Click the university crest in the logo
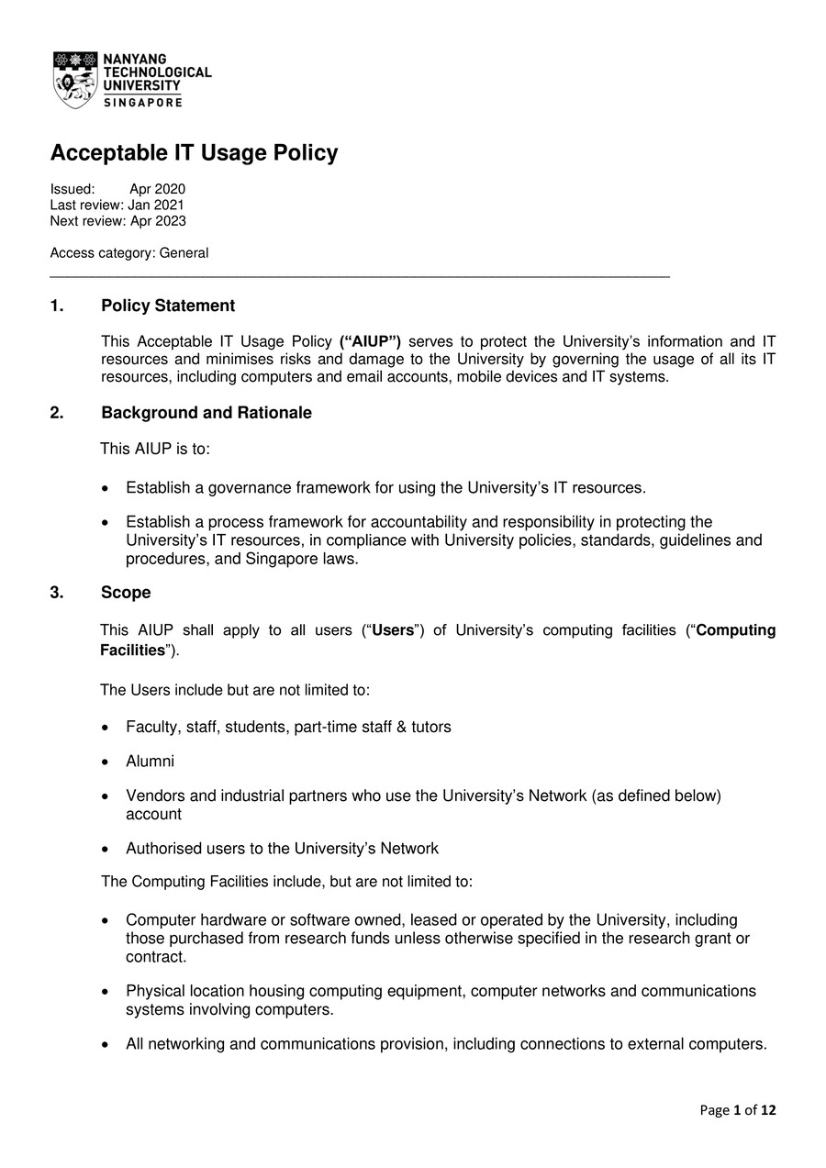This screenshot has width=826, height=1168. click(x=75, y=80)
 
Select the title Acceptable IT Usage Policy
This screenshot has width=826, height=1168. click(x=194, y=153)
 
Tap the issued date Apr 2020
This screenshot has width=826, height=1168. click(x=157, y=189)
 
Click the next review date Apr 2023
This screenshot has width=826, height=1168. click(x=158, y=220)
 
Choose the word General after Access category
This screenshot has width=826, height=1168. click(x=184, y=253)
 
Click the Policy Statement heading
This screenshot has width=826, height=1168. click(x=168, y=306)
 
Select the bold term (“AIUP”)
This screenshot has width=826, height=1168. click(x=370, y=341)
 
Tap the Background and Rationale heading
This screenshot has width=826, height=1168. click(x=206, y=413)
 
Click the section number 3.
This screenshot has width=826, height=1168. click(x=57, y=593)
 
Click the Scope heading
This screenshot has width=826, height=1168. click(x=126, y=593)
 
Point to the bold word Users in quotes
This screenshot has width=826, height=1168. click(x=392, y=630)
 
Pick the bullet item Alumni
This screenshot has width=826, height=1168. click(x=150, y=762)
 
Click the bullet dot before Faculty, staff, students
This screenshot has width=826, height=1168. click(x=106, y=728)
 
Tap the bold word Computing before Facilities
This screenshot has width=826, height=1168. click(x=736, y=630)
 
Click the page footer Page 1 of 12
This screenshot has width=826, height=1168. click(x=737, y=1110)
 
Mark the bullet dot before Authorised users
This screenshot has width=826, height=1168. click(x=106, y=850)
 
